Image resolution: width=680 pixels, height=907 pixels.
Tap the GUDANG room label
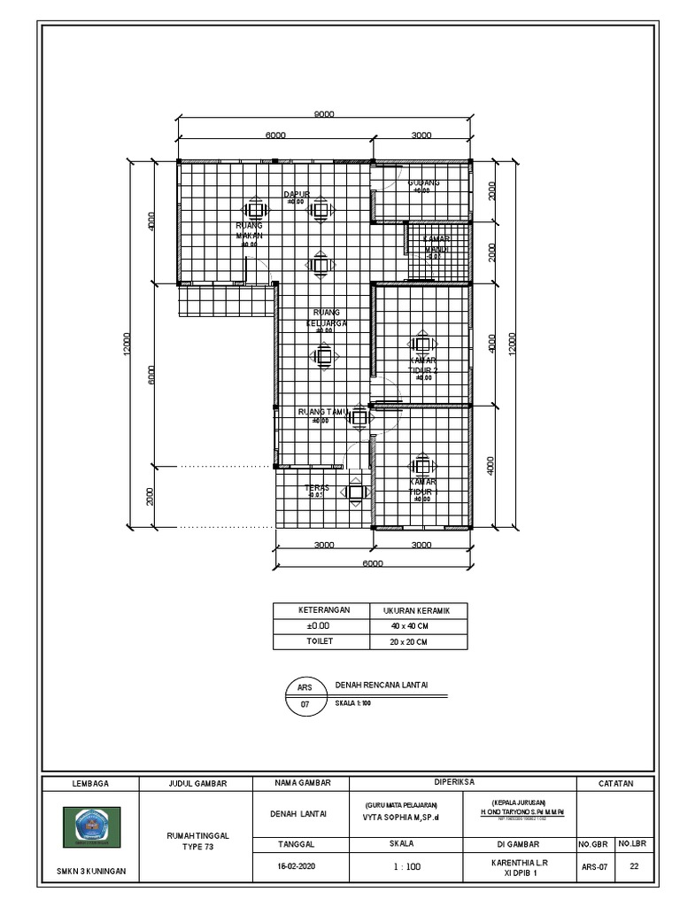tap(423, 183)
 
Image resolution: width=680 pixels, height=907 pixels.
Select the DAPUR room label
tap(296, 194)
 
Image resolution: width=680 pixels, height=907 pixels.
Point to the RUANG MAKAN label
tap(249, 231)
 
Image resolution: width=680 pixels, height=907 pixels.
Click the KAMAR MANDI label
tap(436, 244)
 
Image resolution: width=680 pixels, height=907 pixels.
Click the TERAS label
tap(317, 487)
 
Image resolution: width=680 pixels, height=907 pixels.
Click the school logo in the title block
tap(92, 826)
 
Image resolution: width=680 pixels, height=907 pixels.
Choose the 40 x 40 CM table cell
tap(416, 626)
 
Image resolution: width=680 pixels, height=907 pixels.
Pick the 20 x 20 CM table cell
tap(416, 641)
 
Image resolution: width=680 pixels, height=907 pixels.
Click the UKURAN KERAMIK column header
tap(416, 611)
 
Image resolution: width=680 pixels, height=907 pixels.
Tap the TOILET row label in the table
tap(321, 641)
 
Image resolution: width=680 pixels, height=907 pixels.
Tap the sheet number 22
tap(634, 867)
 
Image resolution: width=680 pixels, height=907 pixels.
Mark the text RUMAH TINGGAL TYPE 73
tap(198, 841)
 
